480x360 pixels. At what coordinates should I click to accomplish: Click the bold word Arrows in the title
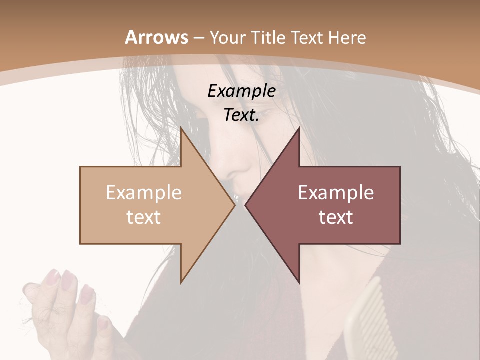tap(157, 37)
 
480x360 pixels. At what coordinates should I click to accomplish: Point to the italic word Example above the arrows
tap(241, 91)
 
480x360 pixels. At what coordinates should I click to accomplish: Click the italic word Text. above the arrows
tap(241, 115)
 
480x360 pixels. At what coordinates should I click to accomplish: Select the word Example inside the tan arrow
tap(144, 193)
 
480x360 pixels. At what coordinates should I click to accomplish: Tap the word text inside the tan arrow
tap(144, 217)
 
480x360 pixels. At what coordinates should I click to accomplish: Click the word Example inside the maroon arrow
tap(336, 193)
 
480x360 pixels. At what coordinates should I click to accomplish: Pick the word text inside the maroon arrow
tap(336, 217)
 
